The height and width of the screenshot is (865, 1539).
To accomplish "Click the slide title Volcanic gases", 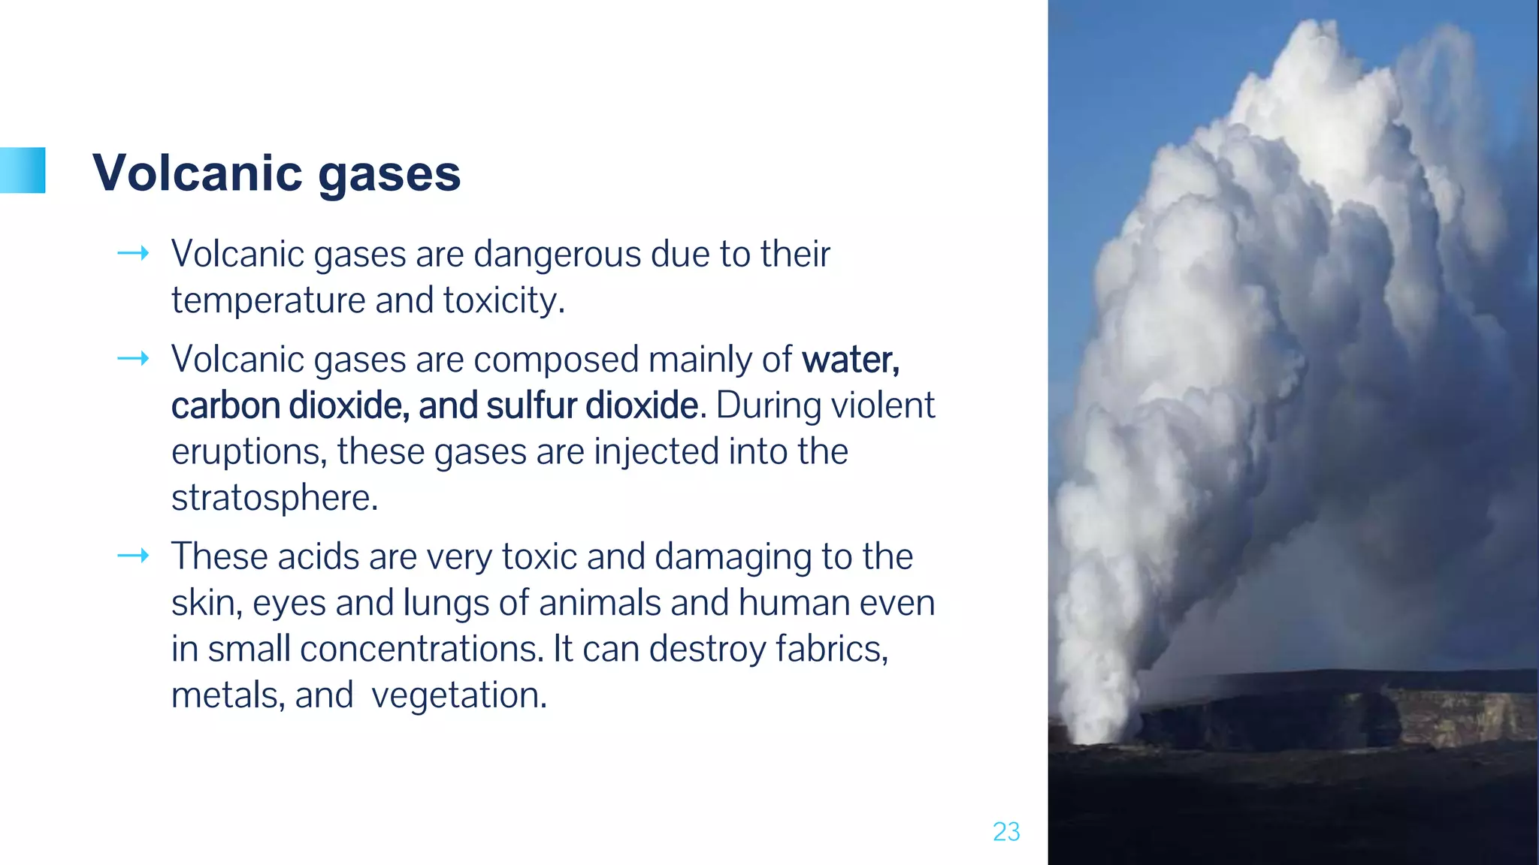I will (x=276, y=173).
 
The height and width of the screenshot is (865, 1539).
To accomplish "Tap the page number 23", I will (x=1006, y=832).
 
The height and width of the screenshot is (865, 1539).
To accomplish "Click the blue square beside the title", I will (x=23, y=170).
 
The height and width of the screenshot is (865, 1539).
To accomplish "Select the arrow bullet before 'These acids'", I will (x=133, y=556).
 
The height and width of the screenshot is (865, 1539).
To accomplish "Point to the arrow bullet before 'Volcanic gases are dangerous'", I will (x=133, y=254).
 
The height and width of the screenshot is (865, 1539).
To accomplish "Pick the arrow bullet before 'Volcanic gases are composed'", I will (x=133, y=359).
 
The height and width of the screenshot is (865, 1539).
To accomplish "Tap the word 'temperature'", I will (x=268, y=301).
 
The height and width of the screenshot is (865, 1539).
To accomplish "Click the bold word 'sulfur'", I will (x=531, y=405).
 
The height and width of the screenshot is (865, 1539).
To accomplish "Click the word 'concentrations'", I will (x=420, y=649).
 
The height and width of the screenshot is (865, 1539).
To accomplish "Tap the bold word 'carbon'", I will (x=225, y=405).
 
